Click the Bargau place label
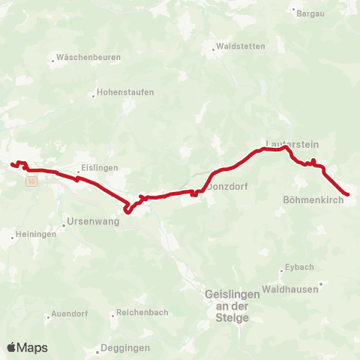coord(310,13)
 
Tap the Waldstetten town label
coord(239,46)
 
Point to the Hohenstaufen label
coord(124,93)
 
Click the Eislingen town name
coord(100,168)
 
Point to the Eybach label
coord(296,268)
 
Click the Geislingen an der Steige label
coord(232,306)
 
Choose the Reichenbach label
coord(142,313)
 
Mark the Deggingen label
coord(127,348)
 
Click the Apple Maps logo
coord(27,347)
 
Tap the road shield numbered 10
coord(30,181)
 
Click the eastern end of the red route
coord(347,195)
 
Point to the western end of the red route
coord(12,163)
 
